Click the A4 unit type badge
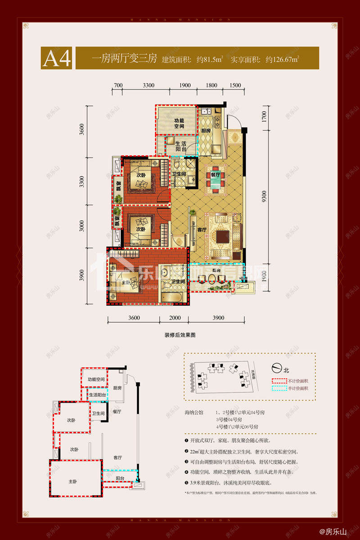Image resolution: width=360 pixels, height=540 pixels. pos(57,58)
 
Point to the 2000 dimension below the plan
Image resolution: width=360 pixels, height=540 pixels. pos(175,318)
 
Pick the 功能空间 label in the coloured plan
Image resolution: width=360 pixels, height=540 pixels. pos(179,123)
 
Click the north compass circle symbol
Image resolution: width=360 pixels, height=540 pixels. pos(277,370)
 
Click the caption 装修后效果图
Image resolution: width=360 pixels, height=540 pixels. pos(180,335)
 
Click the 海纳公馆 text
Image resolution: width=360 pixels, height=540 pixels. pos(194,412)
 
